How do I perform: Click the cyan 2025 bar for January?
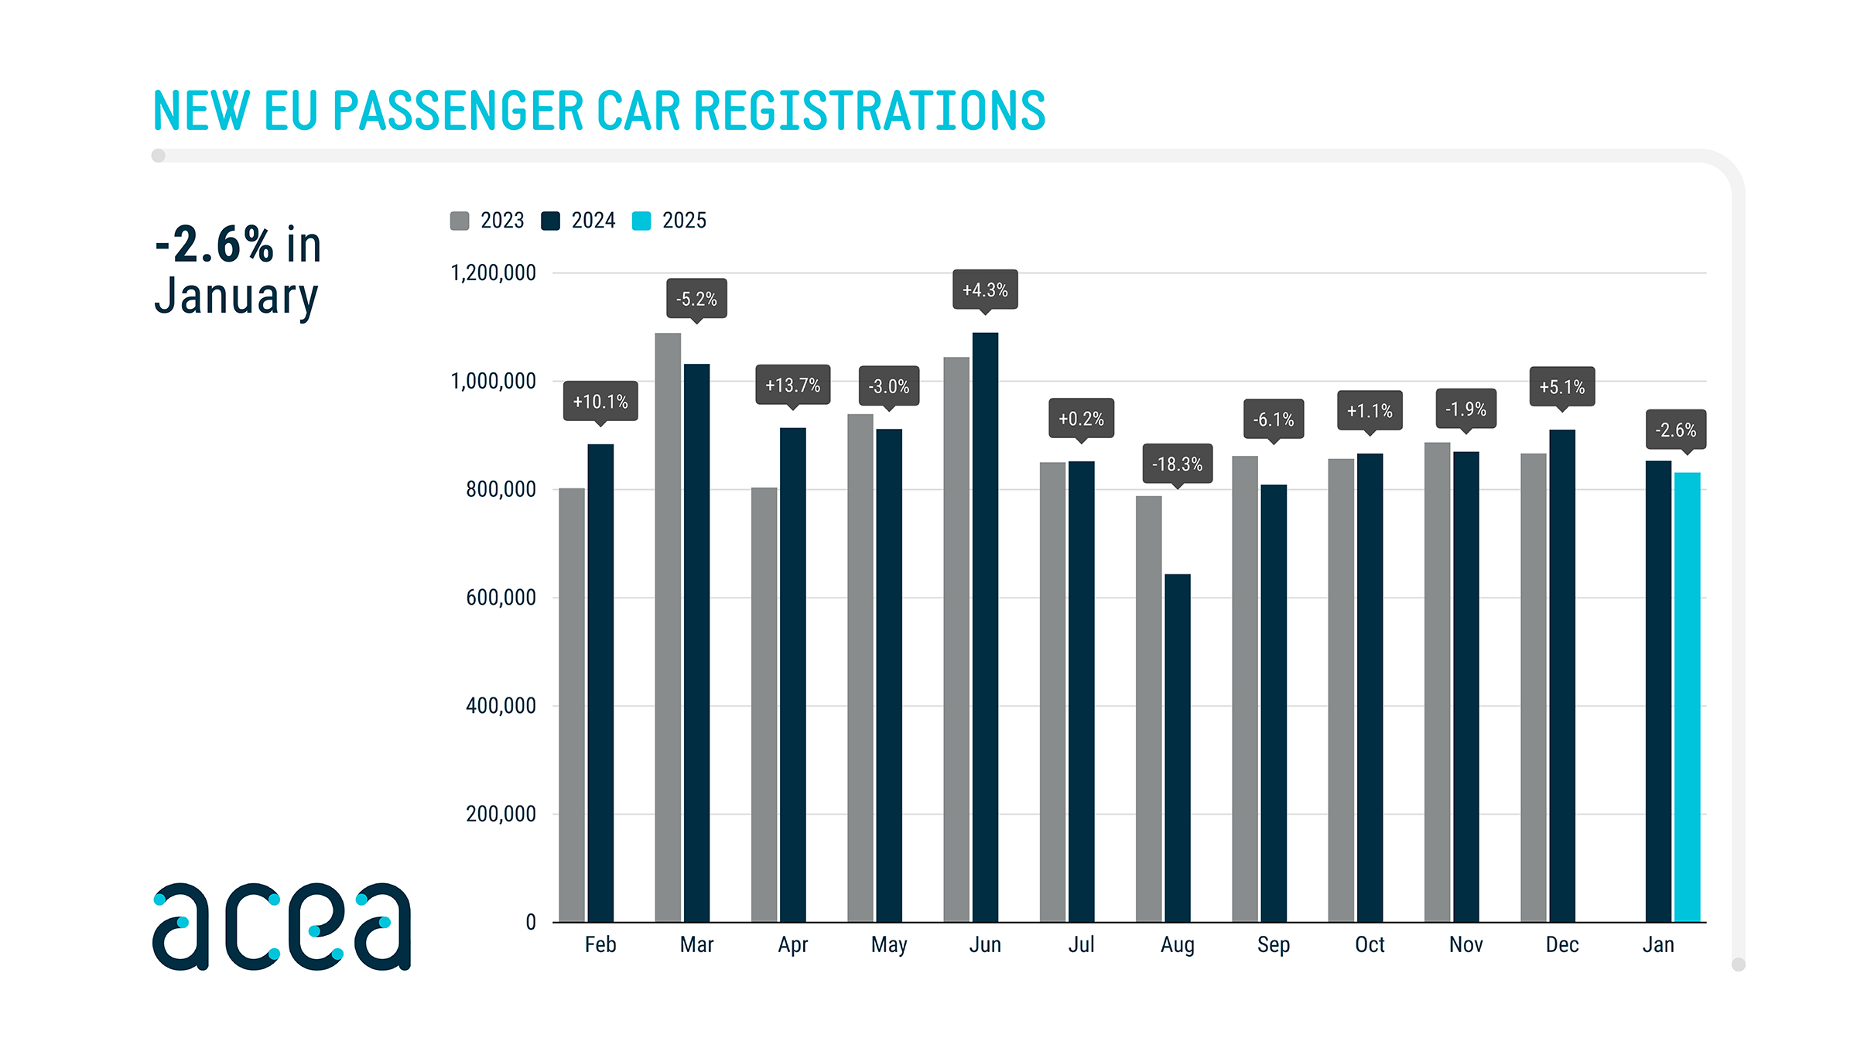tap(1687, 697)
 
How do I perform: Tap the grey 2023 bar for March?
tap(668, 627)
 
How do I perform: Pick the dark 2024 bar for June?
tap(985, 627)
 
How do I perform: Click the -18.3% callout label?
tap(1178, 464)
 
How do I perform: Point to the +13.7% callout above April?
tap(792, 385)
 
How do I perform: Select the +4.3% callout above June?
tap(985, 290)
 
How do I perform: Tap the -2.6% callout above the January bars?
tap(1675, 430)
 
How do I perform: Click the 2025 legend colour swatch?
tap(641, 221)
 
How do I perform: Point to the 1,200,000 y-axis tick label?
tap(493, 272)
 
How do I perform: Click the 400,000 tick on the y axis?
tap(501, 705)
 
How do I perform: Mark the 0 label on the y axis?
tap(531, 922)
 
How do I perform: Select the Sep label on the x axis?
tap(1273, 945)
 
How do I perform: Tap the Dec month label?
tap(1561, 945)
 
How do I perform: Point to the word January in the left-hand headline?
tap(236, 296)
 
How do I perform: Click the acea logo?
tap(282, 926)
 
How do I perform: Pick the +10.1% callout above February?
tap(600, 401)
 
